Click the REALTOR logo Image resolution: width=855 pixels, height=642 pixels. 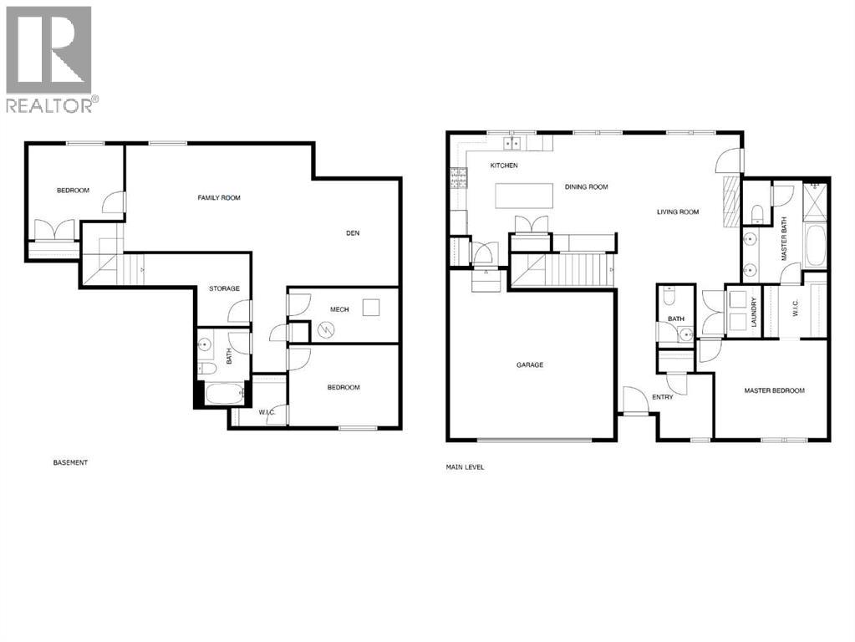49,59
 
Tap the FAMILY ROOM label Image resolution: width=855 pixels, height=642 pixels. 219,198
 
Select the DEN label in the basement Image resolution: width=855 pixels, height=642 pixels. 353,233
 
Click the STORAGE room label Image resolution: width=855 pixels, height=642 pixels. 224,289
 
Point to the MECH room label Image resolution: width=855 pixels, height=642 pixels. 338,310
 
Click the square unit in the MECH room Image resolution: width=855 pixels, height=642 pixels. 372,307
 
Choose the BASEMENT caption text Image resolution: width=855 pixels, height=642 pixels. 70,462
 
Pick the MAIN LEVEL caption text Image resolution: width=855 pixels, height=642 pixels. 465,467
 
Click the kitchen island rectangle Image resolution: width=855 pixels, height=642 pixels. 525,196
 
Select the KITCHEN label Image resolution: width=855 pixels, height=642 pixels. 504,166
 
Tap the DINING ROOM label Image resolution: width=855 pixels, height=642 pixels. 586,187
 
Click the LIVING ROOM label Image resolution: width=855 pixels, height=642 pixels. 677,212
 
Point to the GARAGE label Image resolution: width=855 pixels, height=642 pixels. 530,365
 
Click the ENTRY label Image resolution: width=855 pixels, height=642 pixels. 663,397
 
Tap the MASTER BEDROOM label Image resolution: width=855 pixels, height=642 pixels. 775,390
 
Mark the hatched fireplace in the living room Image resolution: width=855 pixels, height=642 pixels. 728,201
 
